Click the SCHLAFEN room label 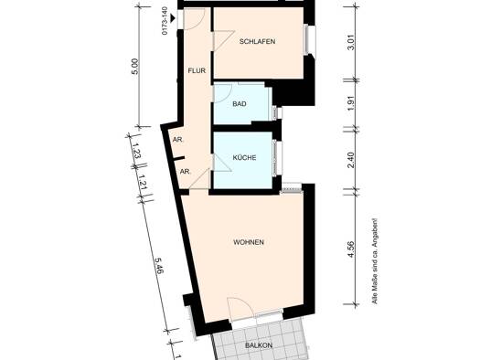click(257, 41)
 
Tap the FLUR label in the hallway click(197, 70)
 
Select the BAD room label click(240, 104)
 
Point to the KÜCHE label click(244, 157)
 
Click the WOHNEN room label click(249, 242)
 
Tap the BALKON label click(259, 345)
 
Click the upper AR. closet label click(178, 140)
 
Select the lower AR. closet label click(185, 172)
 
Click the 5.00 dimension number click(134, 67)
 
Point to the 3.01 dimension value click(351, 42)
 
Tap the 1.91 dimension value click(351, 104)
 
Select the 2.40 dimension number click(351, 160)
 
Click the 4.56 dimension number click(351, 249)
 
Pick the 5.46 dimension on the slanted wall click(159, 265)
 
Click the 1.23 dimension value click(136, 151)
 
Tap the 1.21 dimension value click(143, 183)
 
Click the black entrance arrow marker click(173, 18)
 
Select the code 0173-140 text click(165, 21)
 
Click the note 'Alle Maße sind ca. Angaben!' click(374, 261)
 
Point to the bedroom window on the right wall click(309, 40)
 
